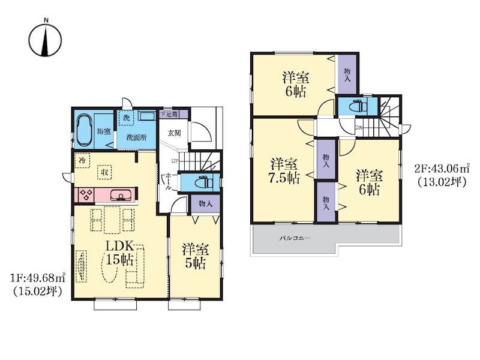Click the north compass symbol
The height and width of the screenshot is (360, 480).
point(46,40)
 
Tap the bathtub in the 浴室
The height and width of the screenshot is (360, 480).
point(84,130)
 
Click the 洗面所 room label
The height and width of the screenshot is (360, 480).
point(137,137)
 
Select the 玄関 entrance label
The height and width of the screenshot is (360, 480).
point(174,133)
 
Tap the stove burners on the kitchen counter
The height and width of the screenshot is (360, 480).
point(86,195)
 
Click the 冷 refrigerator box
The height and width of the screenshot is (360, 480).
point(82,160)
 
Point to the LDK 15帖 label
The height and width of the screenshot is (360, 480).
point(119,253)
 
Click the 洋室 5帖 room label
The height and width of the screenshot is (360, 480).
point(196,256)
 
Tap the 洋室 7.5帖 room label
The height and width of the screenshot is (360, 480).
point(284,172)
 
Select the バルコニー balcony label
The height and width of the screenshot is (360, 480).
point(294,238)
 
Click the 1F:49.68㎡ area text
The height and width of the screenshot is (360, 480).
point(38,278)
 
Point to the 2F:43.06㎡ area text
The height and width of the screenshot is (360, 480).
point(442,168)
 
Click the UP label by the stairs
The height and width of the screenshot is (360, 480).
point(175,161)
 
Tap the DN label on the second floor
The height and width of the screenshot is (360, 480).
point(358,127)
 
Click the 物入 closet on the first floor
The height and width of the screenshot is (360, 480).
point(205,203)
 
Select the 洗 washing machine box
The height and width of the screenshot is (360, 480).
point(126,118)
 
